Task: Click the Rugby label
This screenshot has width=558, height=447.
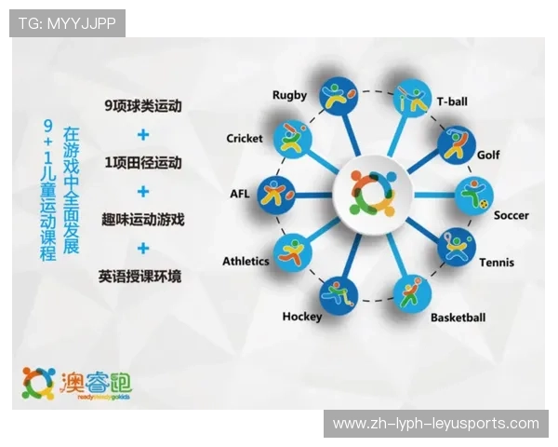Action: [288, 94]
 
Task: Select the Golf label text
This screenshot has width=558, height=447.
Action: [488, 155]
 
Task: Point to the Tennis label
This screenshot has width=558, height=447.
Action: [496, 263]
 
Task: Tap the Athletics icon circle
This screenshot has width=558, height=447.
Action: [293, 251]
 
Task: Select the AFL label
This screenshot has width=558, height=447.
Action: [239, 195]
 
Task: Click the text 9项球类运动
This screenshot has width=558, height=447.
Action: [143, 106]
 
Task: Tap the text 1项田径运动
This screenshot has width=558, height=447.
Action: [143, 163]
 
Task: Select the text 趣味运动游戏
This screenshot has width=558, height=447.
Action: [143, 221]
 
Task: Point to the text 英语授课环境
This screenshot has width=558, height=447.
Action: [143, 277]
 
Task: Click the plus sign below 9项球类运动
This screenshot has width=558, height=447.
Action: [143, 135]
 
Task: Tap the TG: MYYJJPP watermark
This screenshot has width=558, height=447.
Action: [67, 23]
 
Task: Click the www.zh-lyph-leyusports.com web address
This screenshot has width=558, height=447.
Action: [435, 424]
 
